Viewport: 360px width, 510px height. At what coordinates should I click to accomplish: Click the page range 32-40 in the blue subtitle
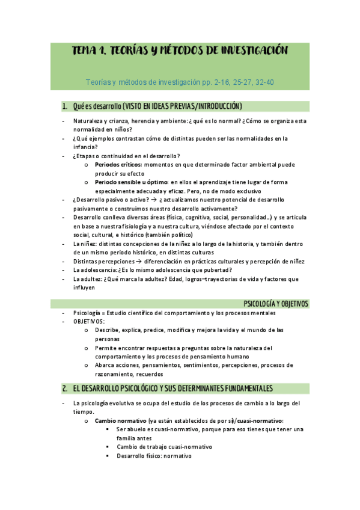(265, 82)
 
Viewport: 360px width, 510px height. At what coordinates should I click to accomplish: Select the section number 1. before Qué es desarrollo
(65, 106)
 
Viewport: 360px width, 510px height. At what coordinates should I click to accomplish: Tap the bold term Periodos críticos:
(118, 164)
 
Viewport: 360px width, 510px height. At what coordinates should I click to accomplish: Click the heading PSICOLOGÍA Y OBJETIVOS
(275, 304)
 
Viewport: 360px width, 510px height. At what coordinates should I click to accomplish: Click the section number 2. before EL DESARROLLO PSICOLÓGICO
(65, 388)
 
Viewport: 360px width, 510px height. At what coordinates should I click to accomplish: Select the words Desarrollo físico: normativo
(154, 456)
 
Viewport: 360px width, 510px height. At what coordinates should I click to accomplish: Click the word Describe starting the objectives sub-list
(107, 330)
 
